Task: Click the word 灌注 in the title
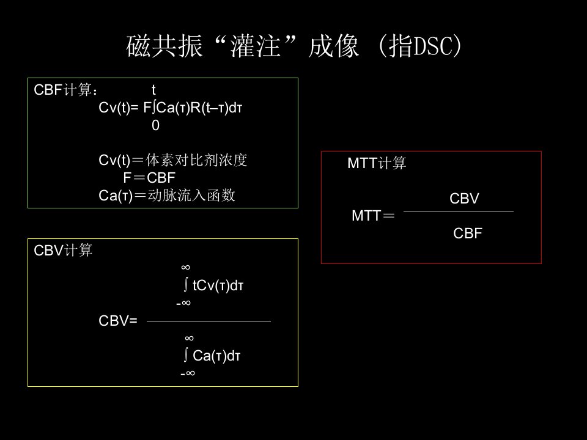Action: (256, 46)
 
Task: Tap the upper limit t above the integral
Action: (153, 90)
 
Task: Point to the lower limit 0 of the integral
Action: (155, 125)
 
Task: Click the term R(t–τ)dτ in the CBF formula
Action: (216, 108)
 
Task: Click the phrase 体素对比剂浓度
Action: (196, 160)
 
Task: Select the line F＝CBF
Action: (149, 178)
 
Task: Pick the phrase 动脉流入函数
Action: (191, 196)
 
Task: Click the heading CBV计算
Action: (62, 251)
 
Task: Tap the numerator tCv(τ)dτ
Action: (218, 285)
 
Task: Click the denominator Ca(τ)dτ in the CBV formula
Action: (216, 356)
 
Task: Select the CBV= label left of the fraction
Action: (118, 321)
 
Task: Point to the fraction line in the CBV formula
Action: (209, 321)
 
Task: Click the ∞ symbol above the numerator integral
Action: (186, 267)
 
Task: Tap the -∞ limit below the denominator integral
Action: (188, 373)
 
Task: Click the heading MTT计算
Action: (377, 163)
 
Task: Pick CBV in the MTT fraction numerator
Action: (464, 199)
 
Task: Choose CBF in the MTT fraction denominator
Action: (468, 233)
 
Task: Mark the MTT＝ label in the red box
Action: (373, 216)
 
